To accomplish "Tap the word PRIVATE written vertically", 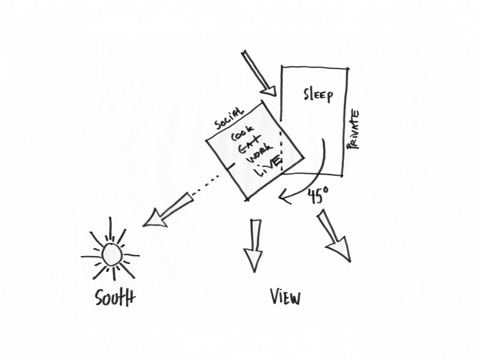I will click(x=353, y=129).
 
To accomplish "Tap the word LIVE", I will click(x=267, y=167).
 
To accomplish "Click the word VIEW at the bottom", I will click(x=284, y=298).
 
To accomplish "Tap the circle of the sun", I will click(x=112, y=255).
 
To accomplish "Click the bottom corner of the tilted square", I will click(x=247, y=199).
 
